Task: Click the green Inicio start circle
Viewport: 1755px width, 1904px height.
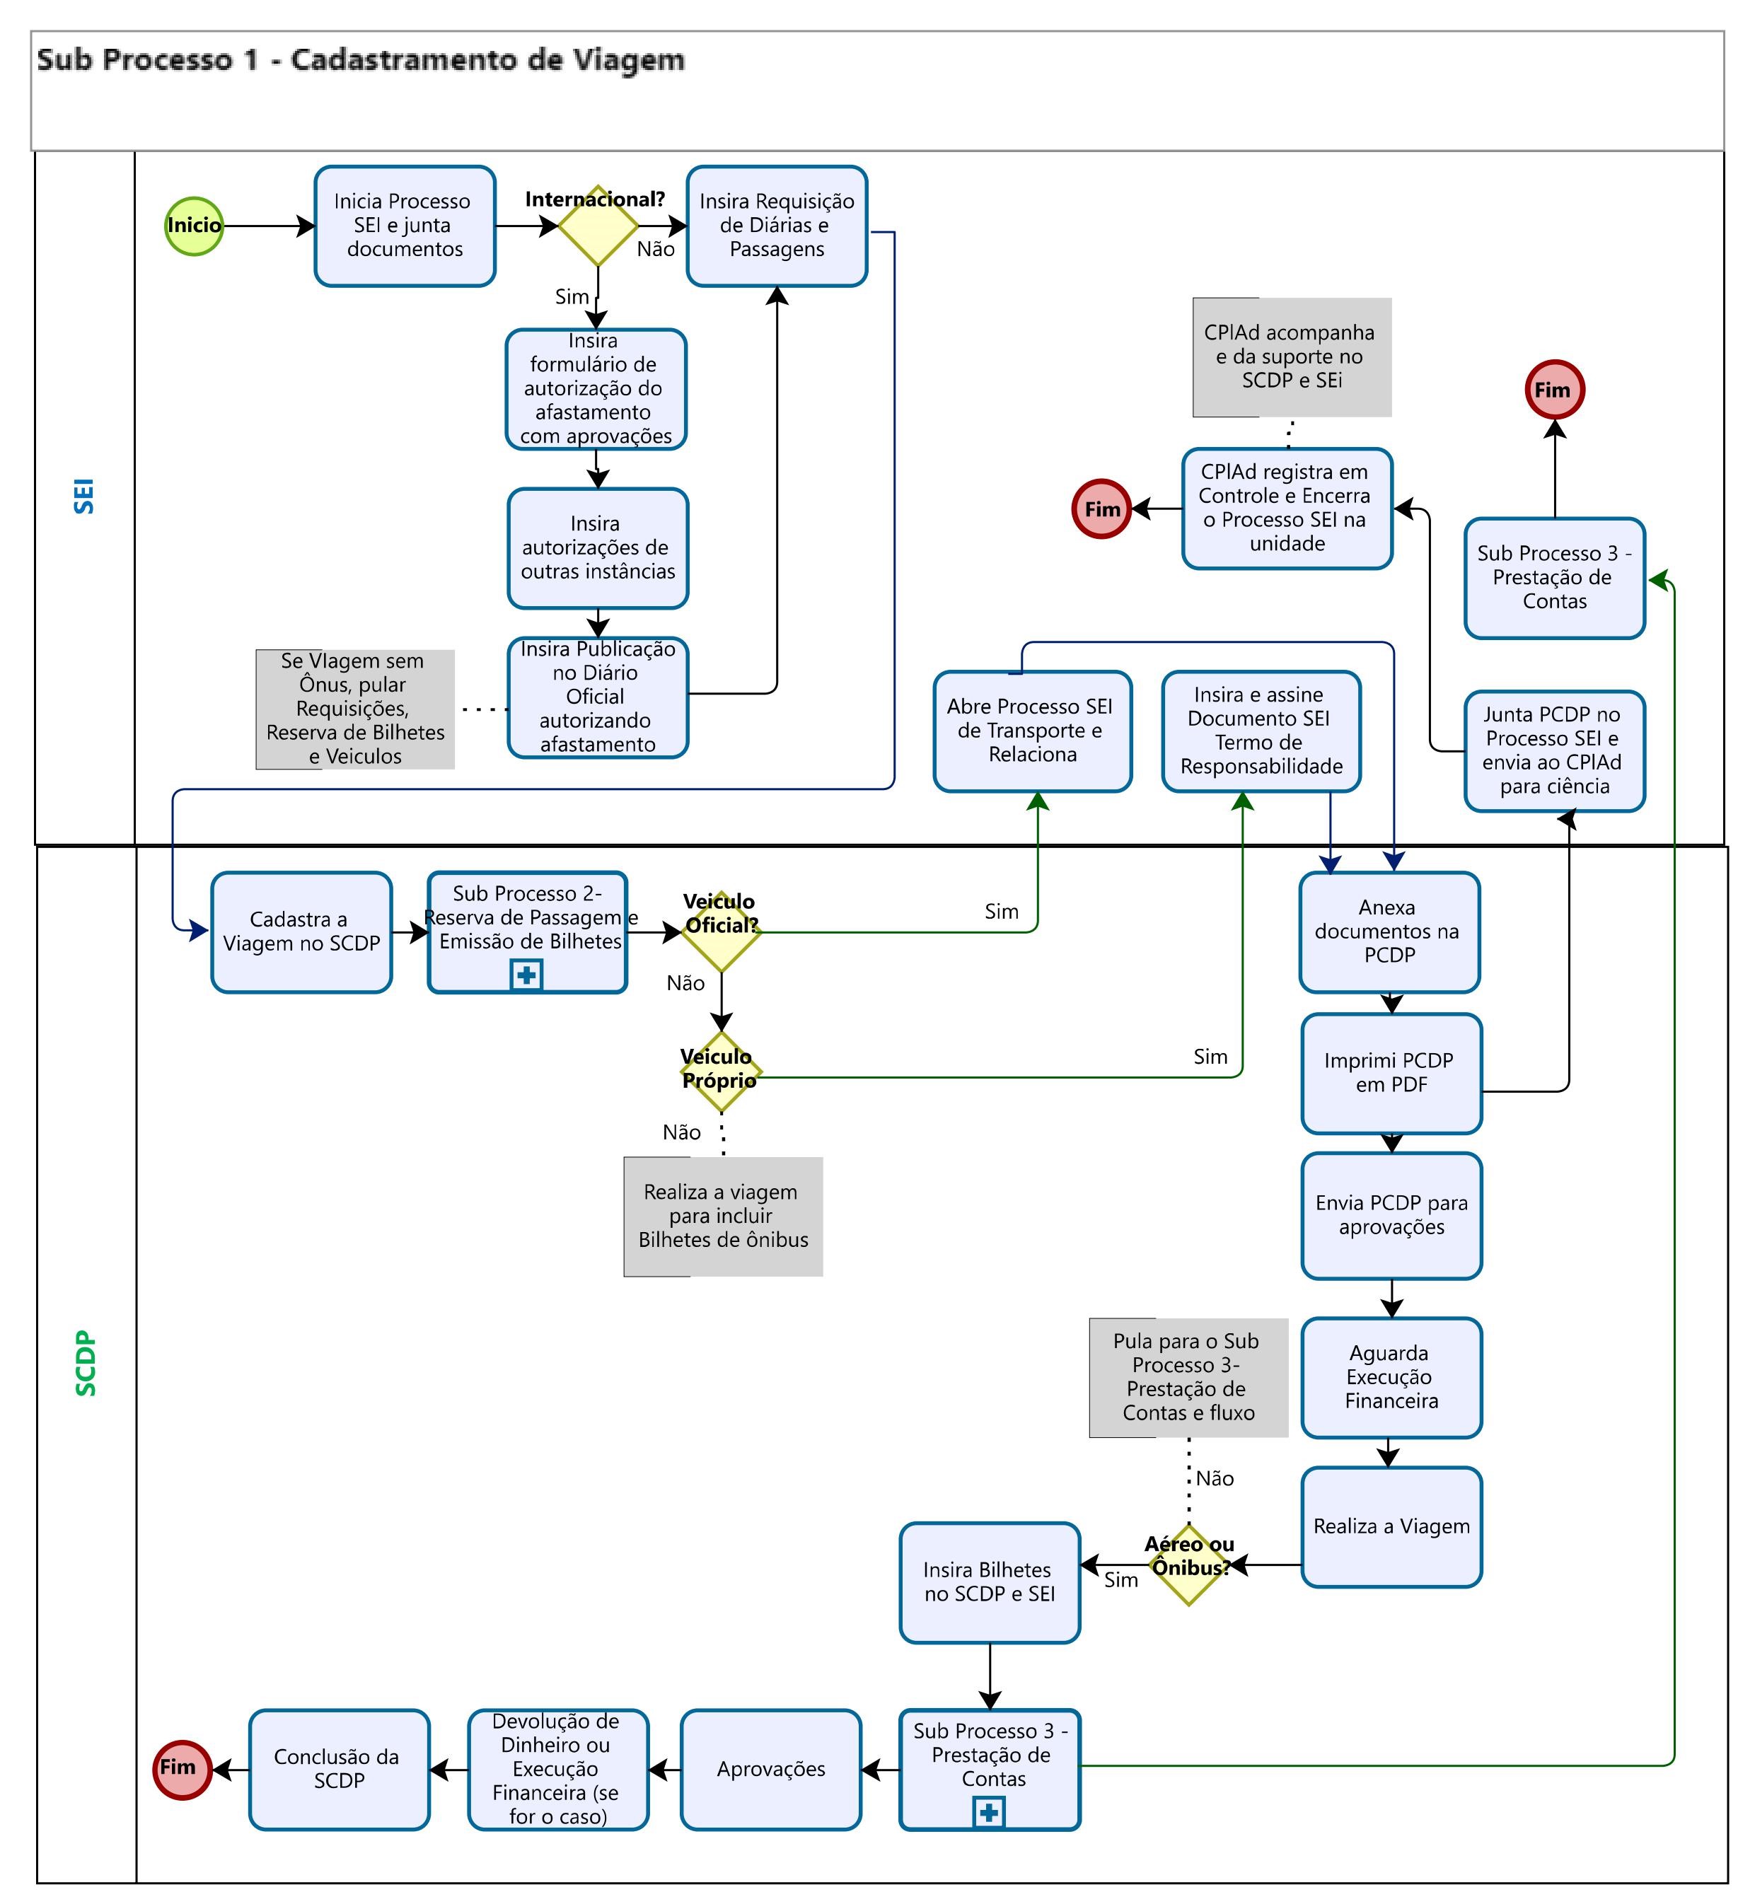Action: (x=194, y=226)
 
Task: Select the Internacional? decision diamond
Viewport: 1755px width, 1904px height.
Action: (x=597, y=226)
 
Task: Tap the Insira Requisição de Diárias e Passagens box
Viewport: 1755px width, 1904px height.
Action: (x=777, y=226)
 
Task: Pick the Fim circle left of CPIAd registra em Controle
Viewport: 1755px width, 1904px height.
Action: (x=1101, y=509)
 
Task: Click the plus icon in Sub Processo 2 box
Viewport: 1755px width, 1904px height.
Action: (x=526, y=975)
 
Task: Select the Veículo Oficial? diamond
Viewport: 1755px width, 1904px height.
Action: (x=721, y=931)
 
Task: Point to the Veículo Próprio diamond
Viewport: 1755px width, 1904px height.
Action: (x=721, y=1073)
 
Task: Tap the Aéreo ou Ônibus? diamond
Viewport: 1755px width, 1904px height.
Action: (x=1188, y=1565)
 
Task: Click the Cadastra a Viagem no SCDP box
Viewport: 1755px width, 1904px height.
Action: (x=301, y=931)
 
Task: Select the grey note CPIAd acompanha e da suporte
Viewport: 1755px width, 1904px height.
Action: (x=1292, y=357)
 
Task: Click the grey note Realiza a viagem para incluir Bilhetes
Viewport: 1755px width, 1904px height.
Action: (x=723, y=1216)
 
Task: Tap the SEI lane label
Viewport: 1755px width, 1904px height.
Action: (x=84, y=496)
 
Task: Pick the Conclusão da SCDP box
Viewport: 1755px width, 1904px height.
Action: (x=339, y=1769)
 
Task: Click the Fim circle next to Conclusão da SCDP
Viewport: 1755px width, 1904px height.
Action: (x=181, y=1769)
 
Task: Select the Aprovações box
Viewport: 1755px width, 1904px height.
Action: (x=770, y=1769)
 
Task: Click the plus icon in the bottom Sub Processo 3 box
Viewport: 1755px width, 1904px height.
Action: (x=989, y=1813)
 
